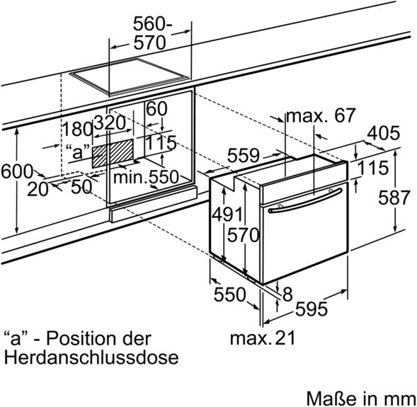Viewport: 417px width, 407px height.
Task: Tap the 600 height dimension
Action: pyautogui.click(x=17, y=171)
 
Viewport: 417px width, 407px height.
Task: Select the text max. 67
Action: pyautogui.click(x=321, y=115)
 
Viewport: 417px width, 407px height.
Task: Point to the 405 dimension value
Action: pyautogui.click(x=384, y=132)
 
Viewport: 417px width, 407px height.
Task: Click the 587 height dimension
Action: pyautogui.click(x=394, y=197)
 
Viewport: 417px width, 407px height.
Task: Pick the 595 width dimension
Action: pyautogui.click(x=312, y=309)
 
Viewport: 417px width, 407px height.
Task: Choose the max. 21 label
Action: pyautogui.click(x=263, y=338)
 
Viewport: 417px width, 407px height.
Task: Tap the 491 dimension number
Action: pyautogui.click(x=227, y=214)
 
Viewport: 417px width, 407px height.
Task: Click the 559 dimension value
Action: pyautogui.click(x=243, y=155)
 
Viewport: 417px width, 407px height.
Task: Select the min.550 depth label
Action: pyautogui.click(x=146, y=176)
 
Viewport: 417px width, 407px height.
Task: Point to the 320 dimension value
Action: pyautogui.click(x=110, y=122)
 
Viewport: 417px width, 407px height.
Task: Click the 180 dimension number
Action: pyautogui.click(x=77, y=129)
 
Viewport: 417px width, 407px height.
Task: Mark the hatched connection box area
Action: pyautogui.click(x=113, y=154)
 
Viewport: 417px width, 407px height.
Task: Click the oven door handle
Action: pyautogui.click(x=305, y=201)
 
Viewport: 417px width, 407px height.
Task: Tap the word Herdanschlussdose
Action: pyautogui.click(x=91, y=357)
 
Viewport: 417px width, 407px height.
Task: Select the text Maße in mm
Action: pyautogui.click(x=361, y=399)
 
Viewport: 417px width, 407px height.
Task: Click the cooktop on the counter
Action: pyautogui.click(x=130, y=76)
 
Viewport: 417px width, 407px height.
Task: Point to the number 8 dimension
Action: pyautogui.click(x=287, y=294)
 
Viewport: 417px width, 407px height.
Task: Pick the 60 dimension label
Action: pyautogui.click(x=157, y=109)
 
